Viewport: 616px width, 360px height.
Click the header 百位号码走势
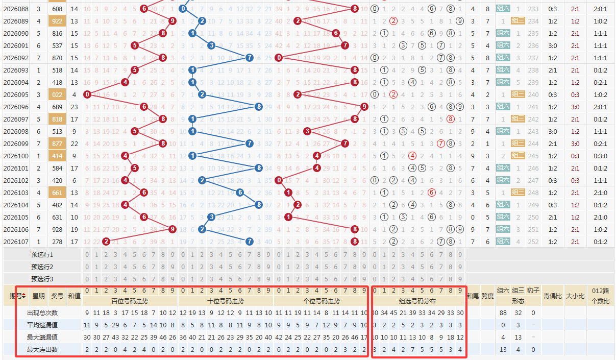click(130, 301)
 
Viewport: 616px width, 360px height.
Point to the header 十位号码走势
click(226, 301)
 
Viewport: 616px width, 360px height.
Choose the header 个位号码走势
click(321, 301)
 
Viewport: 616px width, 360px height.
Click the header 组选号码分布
click(417, 301)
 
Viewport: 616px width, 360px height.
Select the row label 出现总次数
click(42, 313)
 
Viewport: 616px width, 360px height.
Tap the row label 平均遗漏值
click(42, 325)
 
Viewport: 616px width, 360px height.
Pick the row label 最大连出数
click(42, 350)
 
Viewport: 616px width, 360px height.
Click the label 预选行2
click(42, 267)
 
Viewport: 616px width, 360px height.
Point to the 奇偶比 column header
click(553, 296)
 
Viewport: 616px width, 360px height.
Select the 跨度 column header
click(487, 296)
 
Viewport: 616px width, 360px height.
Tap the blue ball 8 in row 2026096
click(259, 107)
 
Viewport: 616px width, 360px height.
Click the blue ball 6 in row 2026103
click(240, 193)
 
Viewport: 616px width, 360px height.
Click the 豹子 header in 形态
click(533, 291)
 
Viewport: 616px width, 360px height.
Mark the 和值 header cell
click(75, 296)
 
